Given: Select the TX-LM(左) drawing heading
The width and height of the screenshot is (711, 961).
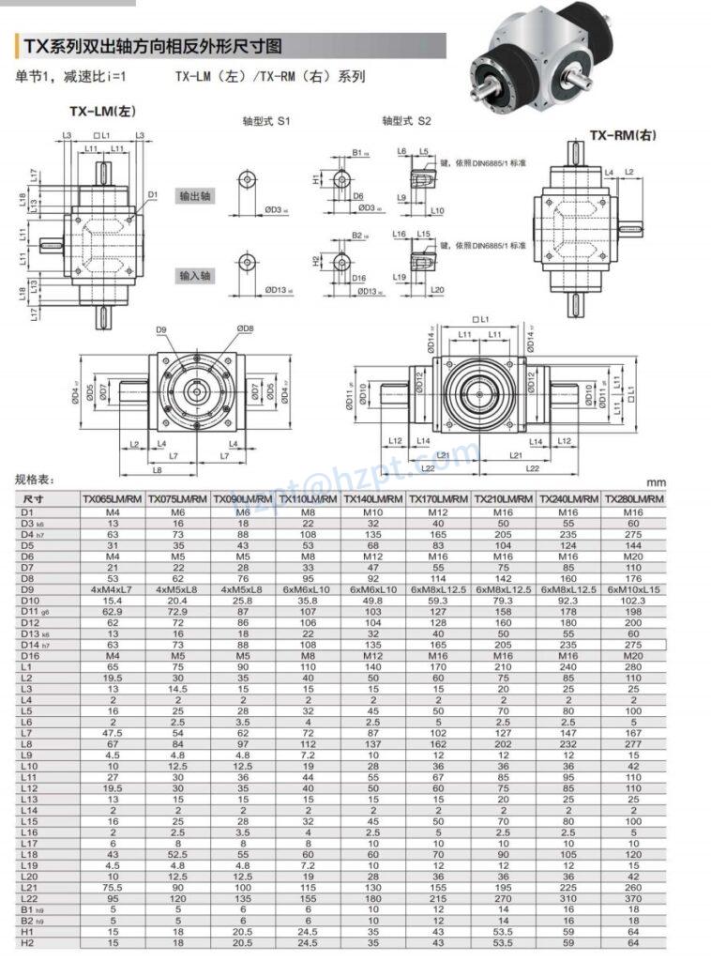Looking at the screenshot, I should [x=103, y=111].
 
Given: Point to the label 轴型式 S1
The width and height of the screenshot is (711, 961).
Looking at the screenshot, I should [x=267, y=121].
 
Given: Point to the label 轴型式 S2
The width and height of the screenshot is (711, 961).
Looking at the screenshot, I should [x=406, y=121].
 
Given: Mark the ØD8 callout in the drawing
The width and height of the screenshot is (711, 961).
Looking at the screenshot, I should [x=246, y=328].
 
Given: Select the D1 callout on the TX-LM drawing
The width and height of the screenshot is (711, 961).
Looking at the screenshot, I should [x=152, y=195].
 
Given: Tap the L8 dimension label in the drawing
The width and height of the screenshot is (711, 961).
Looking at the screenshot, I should [x=158, y=468].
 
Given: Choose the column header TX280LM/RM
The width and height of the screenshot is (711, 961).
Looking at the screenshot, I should [x=634, y=499].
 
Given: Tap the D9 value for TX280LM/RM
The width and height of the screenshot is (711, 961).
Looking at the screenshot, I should [x=634, y=588].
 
